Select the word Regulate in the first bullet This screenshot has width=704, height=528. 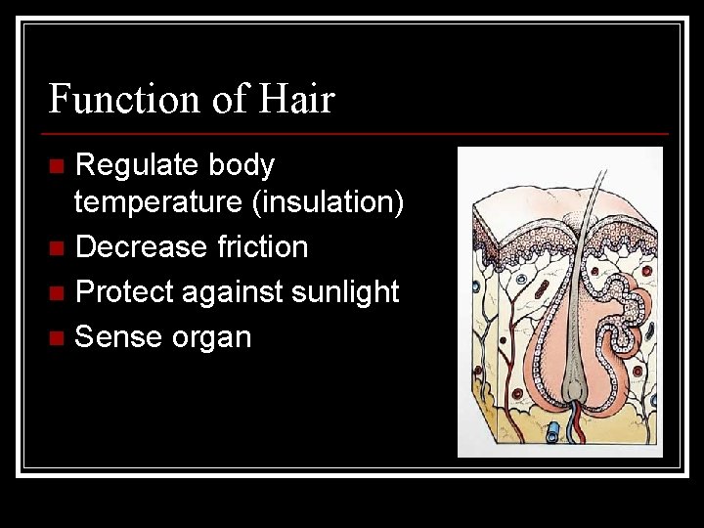coord(137,166)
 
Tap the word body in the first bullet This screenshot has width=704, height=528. coord(242,166)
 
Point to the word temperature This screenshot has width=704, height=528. coord(157,202)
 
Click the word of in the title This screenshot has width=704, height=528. coord(230,100)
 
